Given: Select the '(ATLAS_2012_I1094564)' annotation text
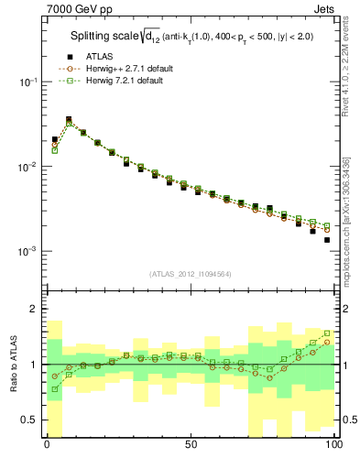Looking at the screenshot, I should tap(190, 272).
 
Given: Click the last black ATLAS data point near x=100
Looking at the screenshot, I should tap(326, 240).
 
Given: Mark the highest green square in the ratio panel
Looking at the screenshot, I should tap(326, 333).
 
